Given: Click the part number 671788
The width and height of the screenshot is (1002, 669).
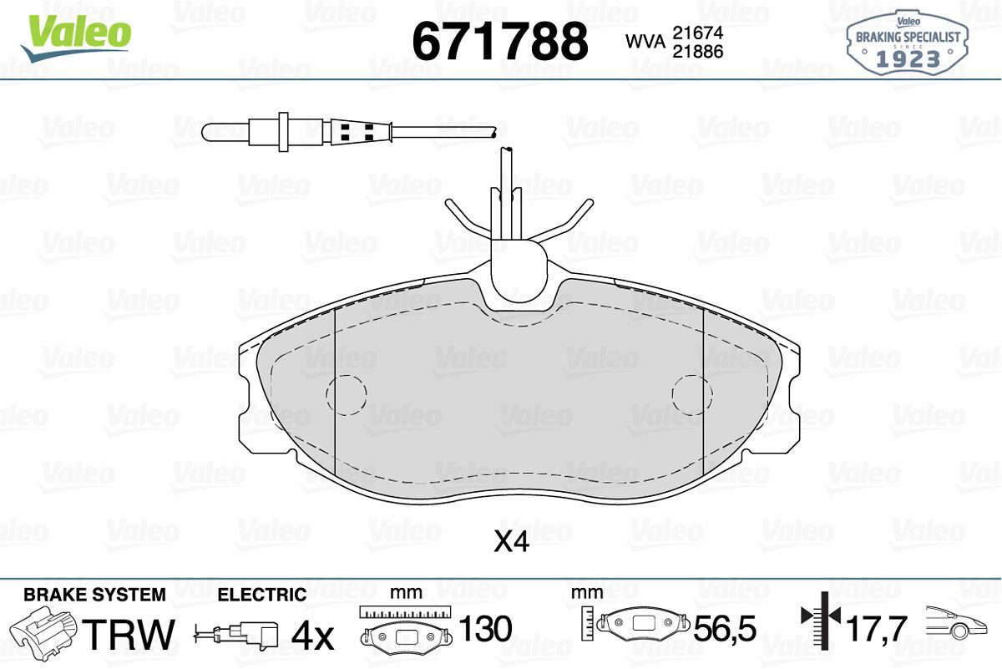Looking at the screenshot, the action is coord(499,42).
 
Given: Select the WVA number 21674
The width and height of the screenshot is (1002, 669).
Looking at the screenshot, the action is coord(698,33).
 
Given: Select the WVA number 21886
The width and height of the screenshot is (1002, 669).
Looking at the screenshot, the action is coord(698,52).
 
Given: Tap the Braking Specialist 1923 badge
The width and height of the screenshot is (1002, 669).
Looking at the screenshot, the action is coord(907,43).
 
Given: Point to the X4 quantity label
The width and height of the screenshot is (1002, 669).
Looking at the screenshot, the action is coord(511,542).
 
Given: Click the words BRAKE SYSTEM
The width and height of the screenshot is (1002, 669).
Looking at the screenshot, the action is coord(94,596).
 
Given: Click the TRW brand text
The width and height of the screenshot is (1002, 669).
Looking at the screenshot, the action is coord(128,634).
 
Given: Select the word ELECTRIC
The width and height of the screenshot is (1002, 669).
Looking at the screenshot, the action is coord(262,596).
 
